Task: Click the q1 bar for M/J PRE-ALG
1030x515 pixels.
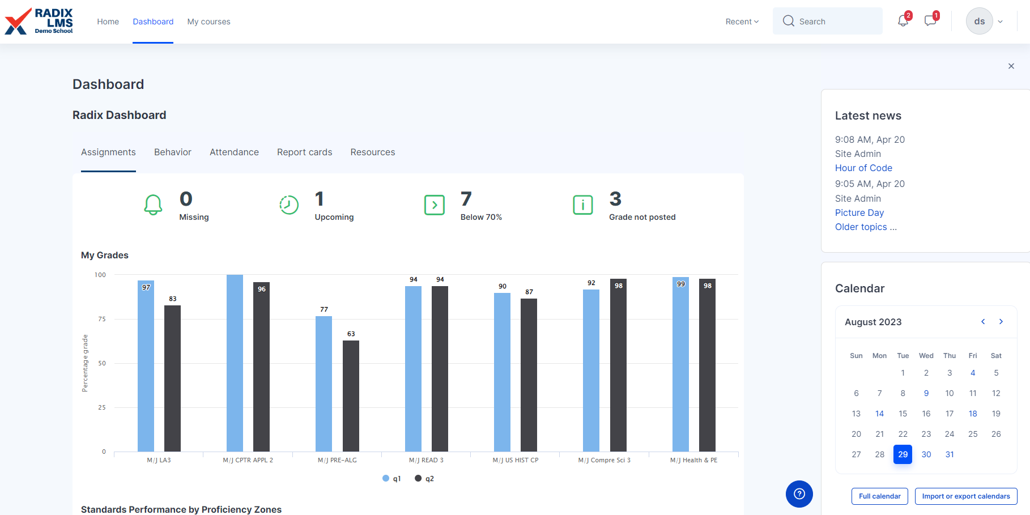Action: [x=324, y=384]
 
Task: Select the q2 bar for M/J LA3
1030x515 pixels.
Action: [x=172, y=378]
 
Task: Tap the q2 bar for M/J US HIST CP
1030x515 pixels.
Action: [x=529, y=375]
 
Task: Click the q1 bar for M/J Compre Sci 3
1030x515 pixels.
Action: [x=591, y=371]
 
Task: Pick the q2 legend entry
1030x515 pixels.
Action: [x=424, y=479]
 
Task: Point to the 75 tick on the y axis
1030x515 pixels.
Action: [x=102, y=319]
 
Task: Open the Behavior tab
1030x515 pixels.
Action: [x=173, y=152]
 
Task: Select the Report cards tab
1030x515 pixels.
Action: [x=304, y=152]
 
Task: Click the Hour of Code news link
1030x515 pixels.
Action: [x=863, y=168]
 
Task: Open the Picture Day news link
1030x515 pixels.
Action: [x=859, y=212]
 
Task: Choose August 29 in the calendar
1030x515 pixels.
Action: [x=903, y=454]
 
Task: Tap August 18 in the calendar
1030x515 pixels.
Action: [x=973, y=414]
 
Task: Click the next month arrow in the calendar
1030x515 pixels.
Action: [x=1001, y=322]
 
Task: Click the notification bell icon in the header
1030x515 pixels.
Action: [x=903, y=22]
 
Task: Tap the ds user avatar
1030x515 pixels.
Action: [x=979, y=22]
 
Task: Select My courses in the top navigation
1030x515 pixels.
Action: [x=208, y=22]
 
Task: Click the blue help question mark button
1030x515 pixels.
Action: [x=799, y=493]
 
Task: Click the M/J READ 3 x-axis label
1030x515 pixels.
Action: [x=426, y=460]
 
